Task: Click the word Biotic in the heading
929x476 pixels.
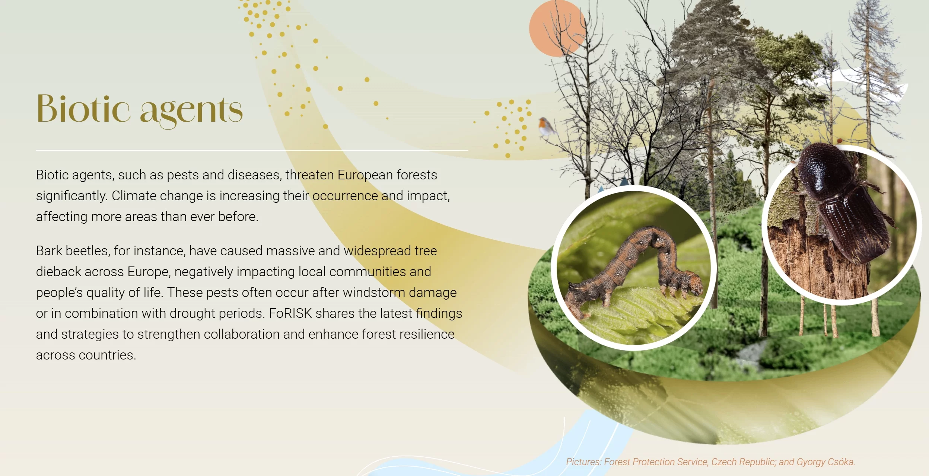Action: click(83, 108)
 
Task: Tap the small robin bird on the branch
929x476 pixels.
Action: click(545, 127)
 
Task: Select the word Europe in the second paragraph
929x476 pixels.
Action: click(147, 272)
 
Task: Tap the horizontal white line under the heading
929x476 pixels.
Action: click(252, 150)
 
